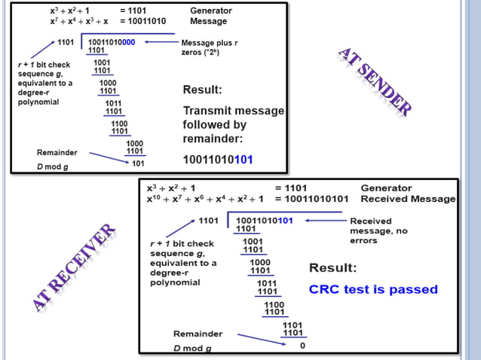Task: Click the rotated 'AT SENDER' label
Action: [375, 82]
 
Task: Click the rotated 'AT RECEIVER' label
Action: [75, 267]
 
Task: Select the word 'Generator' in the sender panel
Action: [212, 11]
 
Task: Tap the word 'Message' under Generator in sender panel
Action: [208, 21]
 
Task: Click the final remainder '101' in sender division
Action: [138, 163]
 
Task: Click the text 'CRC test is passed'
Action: [373, 289]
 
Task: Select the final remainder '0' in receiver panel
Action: [302, 346]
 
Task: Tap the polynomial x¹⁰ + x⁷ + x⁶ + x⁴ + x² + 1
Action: [204, 199]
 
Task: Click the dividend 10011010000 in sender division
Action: [112, 42]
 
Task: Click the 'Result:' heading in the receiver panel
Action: [333, 268]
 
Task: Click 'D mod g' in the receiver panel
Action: [191, 348]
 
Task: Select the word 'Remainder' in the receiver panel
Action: [198, 334]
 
